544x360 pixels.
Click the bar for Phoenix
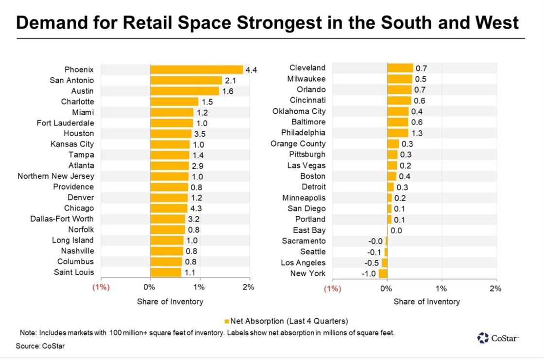click(x=196, y=69)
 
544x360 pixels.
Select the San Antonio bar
click(x=186, y=80)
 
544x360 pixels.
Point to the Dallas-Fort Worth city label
click(x=62, y=219)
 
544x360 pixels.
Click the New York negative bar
click(x=383, y=274)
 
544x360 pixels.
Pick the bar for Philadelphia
click(x=397, y=133)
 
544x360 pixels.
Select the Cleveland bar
click(x=400, y=68)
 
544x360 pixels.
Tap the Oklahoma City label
click(x=299, y=111)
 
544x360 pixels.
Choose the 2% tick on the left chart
click(x=248, y=287)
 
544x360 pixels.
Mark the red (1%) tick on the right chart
click(x=332, y=289)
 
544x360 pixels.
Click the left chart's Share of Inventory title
click(x=170, y=302)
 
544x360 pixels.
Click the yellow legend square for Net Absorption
click(x=226, y=322)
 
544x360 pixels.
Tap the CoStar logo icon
click(x=483, y=338)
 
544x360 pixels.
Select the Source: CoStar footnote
click(x=40, y=346)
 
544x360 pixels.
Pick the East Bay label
click(x=309, y=230)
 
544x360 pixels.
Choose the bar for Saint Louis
click(x=166, y=273)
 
